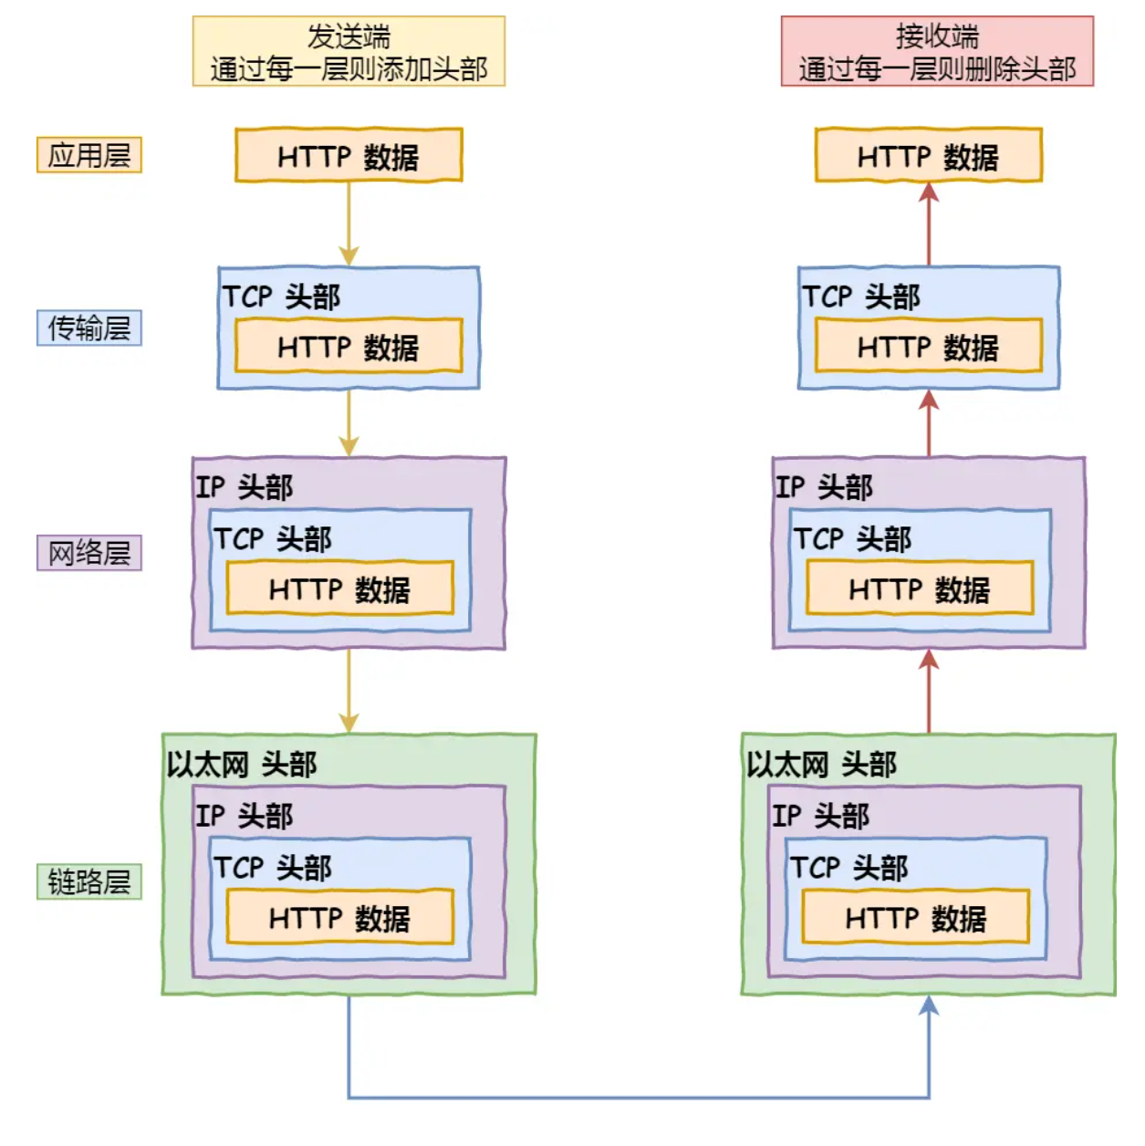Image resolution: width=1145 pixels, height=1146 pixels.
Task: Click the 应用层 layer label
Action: point(88,155)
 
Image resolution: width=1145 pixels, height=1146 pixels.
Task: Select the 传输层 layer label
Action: point(88,328)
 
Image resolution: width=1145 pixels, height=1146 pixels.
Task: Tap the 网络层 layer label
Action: point(88,553)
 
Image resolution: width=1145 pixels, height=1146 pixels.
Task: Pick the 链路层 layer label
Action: point(88,881)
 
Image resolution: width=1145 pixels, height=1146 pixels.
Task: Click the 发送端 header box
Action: point(349,51)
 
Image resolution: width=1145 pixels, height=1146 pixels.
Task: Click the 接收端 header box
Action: point(937,51)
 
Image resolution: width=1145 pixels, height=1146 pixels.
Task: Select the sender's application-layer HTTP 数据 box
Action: point(349,155)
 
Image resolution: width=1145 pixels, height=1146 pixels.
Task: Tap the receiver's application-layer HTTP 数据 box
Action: point(928,155)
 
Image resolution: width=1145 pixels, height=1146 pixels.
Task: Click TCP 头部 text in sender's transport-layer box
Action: point(281,297)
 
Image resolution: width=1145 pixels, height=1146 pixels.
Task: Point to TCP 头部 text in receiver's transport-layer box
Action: point(860,297)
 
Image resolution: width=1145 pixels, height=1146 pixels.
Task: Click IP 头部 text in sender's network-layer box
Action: point(244,486)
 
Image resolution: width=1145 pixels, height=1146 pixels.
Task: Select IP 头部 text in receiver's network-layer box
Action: point(824,486)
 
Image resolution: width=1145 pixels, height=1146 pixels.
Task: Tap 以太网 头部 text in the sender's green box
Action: point(241,764)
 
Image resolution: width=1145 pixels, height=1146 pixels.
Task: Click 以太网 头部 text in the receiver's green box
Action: point(821,764)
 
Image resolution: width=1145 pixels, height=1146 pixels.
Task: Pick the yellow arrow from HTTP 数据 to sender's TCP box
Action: point(349,224)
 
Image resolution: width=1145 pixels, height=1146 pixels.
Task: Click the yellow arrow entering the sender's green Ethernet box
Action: point(349,691)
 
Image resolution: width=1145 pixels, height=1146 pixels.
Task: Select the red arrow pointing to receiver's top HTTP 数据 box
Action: point(929,224)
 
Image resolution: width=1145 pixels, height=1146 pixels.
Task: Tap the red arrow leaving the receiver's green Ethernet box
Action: point(929,691)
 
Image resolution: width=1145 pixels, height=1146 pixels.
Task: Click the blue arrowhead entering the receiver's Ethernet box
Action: point(929,1006)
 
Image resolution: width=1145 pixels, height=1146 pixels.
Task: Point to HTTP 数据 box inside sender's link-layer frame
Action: point(339,917)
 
